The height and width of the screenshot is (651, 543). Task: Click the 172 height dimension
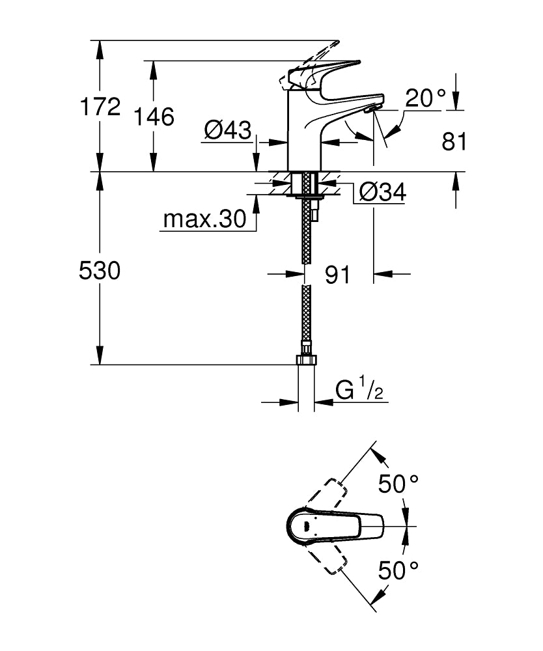[100, 107]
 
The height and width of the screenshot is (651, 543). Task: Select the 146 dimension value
[154, 117]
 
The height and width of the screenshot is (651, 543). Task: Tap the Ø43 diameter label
[228, 130]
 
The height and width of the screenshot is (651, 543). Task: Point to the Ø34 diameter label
[382, 192]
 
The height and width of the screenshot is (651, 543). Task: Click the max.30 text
[204, 219]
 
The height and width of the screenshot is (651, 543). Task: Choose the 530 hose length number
[100, 270]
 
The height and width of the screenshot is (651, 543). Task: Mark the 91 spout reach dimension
[337, 275]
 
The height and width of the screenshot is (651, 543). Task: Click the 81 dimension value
[454, 141]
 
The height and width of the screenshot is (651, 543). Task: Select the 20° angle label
[425, 98]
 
